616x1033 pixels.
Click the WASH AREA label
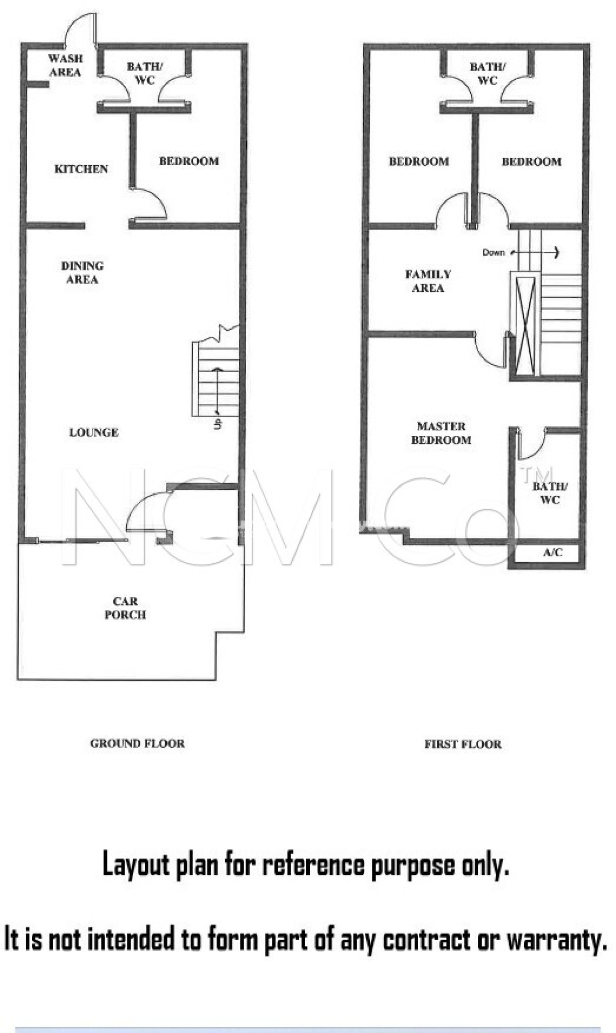(x=65, y=65)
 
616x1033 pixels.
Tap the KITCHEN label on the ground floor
(x=81, y=169)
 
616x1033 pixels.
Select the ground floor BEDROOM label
(x=189, y=161)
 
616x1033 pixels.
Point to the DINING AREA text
(x=82, y=272)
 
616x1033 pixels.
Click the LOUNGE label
(x=94, y=432)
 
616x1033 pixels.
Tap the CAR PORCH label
(x=125, y=608)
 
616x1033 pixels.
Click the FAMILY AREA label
(x=428, y=281)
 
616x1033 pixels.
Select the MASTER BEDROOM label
(x=441, y=433)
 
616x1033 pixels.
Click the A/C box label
(x=552, y=552)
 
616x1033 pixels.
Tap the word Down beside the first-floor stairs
(x=493, y=252)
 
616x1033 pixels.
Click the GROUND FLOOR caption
(x=137, y=743)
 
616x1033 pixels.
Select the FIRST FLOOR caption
(x=463, y=744)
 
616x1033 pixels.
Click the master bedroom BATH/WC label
(x=549, y=493)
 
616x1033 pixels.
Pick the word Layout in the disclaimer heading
(x=136, y=865)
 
